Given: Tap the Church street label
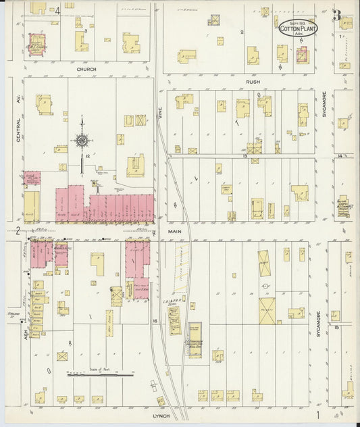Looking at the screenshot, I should (x=86, y=69).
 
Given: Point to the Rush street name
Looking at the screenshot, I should (x=253, y=81).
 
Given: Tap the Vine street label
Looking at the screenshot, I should (x=161, y=116).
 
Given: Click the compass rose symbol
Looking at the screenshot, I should (x=82, y=140).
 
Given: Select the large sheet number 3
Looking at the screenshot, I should (x=335, y=16).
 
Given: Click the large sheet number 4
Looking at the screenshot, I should (x=58, y=10).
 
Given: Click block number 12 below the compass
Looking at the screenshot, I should (x=88, y=156).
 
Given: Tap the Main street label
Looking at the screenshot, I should (x=175, y=231).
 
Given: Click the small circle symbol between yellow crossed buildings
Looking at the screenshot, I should (x=267, y=286).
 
